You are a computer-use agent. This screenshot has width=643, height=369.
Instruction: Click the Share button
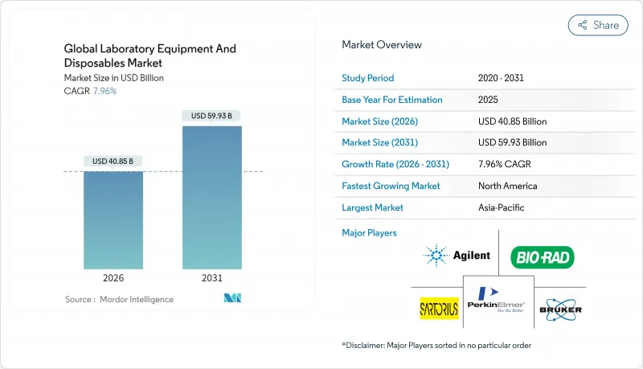pos(598,25)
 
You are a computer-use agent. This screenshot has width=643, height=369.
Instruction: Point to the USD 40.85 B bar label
pos(113,161)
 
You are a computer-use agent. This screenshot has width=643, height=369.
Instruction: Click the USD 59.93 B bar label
pos(212,116)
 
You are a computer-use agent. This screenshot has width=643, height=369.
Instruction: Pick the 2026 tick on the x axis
pos(113,278)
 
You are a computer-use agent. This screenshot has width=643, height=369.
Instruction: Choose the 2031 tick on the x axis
pos(212,278)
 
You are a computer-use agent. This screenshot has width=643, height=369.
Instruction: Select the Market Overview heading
pos(382,45)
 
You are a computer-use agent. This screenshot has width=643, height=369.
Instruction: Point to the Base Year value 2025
pos(489,100)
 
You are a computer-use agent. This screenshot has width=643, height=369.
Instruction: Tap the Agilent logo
pos(457,256)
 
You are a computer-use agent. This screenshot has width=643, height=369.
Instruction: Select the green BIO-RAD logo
pos(543,257)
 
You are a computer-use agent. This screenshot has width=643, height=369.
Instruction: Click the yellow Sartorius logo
pos(440,308)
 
